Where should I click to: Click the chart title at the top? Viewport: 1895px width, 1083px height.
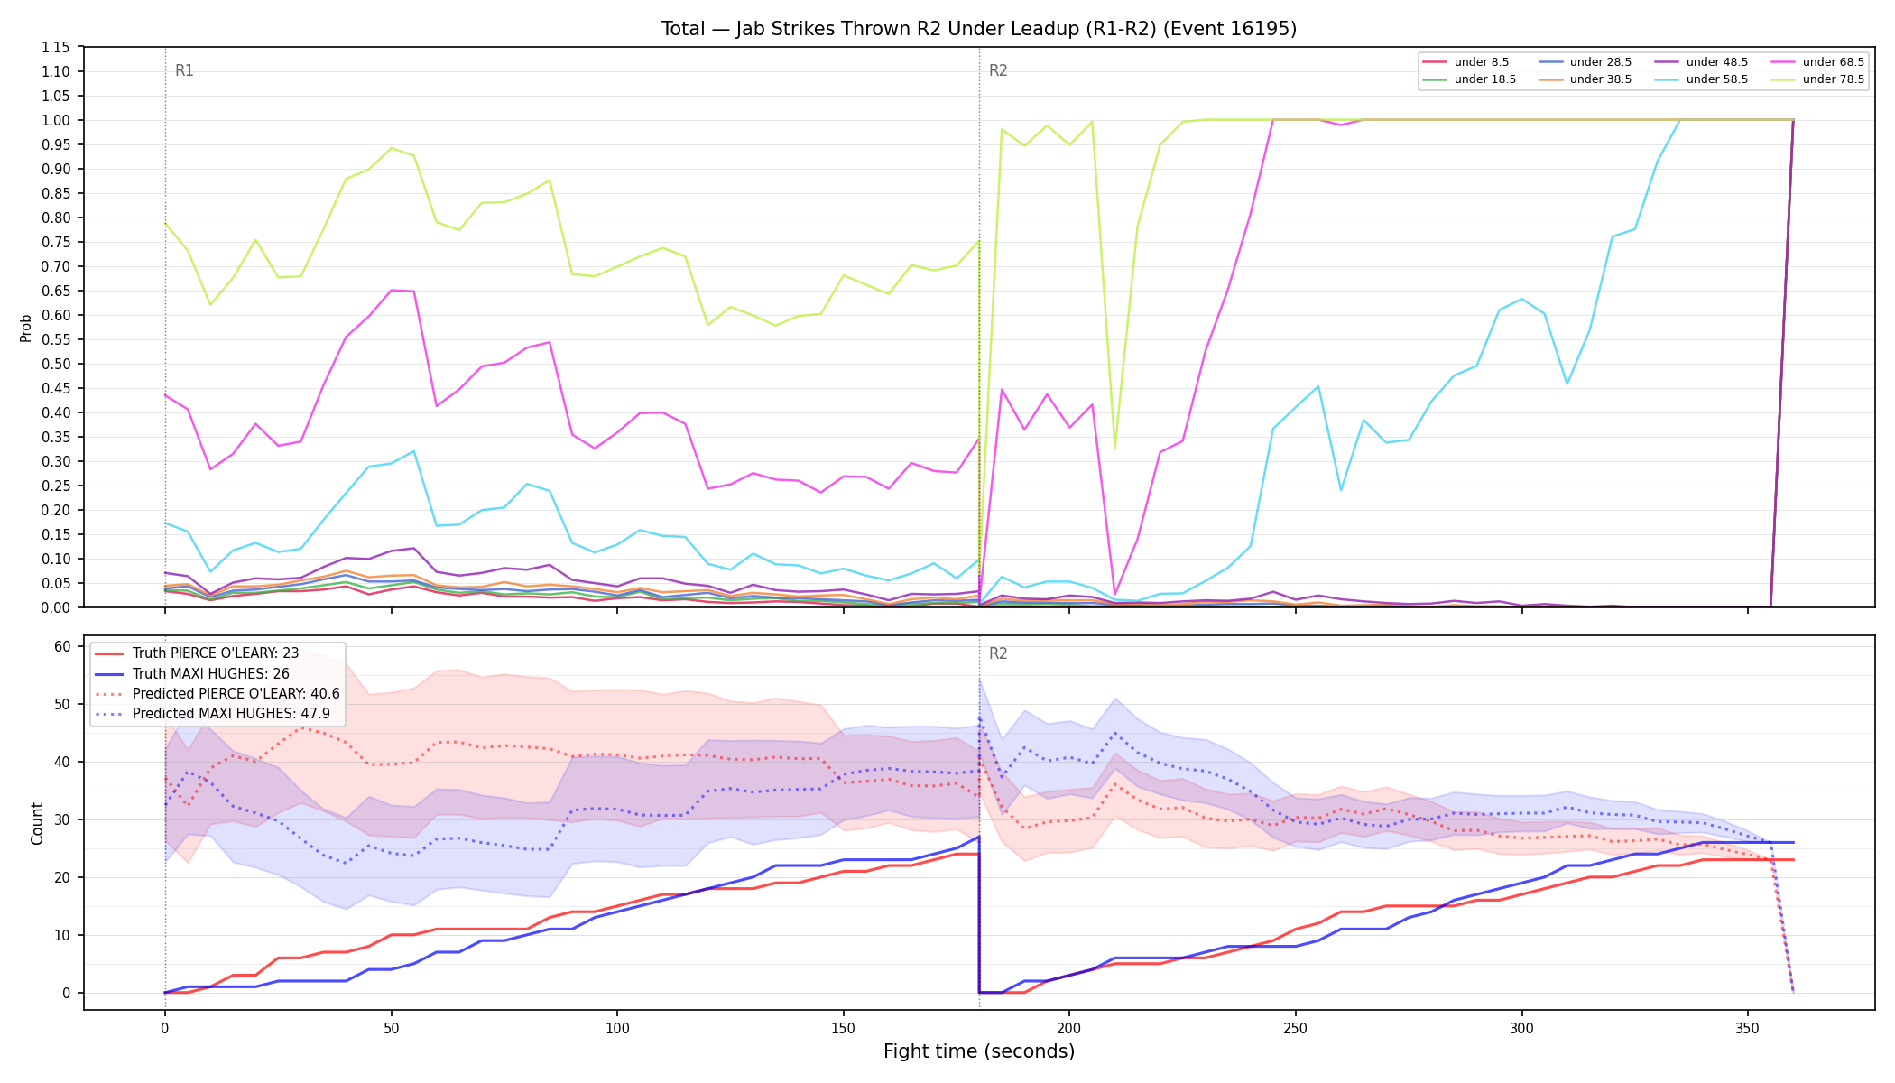[979, 29]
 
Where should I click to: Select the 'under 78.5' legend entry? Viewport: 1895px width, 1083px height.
[1817, 79]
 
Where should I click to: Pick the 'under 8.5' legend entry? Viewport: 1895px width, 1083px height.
[1465, 62]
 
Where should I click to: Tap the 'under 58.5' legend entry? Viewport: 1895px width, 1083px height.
[1701, 79]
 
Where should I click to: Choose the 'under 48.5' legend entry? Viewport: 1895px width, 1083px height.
[1701, 62]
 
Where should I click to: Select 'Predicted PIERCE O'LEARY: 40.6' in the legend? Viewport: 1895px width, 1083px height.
[217, 693]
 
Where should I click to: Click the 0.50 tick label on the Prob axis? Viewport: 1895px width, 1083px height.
[57, 364]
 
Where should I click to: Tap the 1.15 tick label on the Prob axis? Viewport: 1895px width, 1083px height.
[57, 47]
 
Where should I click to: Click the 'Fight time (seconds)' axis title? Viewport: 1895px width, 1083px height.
[979, 1051]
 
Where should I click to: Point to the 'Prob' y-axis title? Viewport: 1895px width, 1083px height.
[26, 328]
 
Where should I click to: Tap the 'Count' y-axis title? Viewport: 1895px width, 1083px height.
[37, 823]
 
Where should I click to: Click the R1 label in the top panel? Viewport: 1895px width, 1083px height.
[184, 70]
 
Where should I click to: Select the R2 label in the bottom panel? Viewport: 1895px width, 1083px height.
[998, 653]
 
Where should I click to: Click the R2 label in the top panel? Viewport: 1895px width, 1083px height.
[998, 70]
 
